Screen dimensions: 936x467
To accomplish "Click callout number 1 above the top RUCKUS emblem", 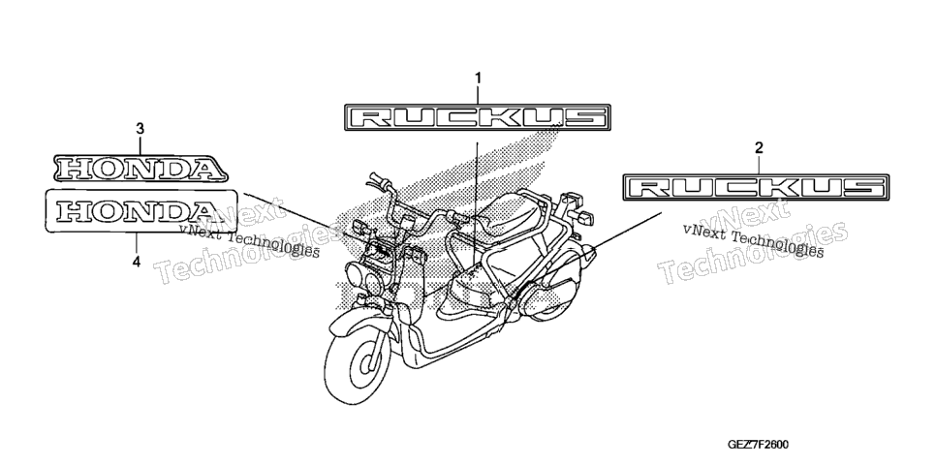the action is [478, 78].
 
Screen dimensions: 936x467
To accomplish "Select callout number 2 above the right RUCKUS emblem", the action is [759, 147].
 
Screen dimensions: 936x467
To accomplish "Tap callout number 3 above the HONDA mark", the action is [140, 129].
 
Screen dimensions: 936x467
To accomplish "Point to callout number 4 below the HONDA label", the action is [137, 261].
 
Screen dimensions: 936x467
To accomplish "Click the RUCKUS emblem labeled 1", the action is [478, 117].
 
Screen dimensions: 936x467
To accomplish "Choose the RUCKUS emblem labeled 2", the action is [756, 187].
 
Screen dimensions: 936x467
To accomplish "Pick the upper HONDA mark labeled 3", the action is [140, 169].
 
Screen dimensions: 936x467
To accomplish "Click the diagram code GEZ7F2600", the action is [758, 445].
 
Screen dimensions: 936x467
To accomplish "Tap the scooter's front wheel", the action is [357, 365].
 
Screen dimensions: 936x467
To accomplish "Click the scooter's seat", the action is [515, 214].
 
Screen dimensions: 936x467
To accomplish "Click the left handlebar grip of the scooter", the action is [376, 178].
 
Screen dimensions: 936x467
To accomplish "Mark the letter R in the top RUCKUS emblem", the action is [368, 117].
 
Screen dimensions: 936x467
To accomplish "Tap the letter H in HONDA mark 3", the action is [74, 169].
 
